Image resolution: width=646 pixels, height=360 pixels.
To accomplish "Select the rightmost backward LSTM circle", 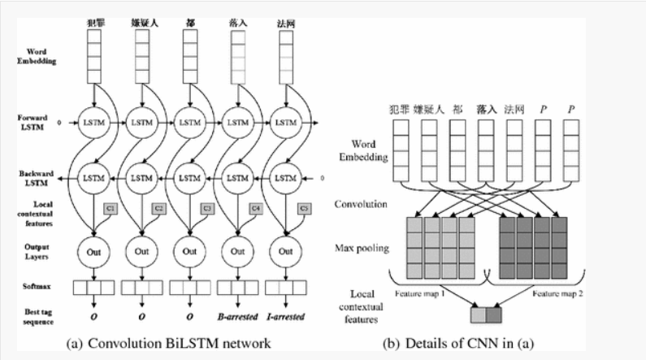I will click(286, 176).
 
